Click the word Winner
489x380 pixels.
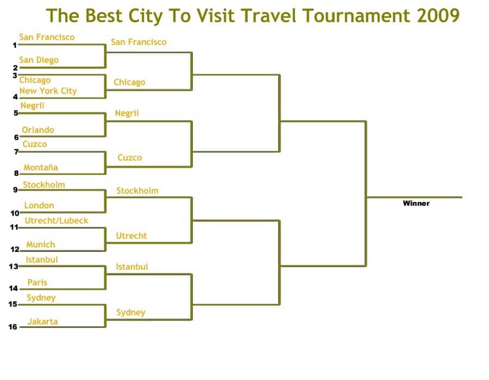tap(416, 204)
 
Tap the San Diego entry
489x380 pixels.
tap(39, 60)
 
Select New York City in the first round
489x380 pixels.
tap(48, 91)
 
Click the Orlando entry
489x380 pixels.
tap(37, 130)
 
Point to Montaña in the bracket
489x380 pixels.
tap(41, 167)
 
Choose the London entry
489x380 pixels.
tap(39, 205)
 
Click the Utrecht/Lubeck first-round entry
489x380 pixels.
tap(57, 220)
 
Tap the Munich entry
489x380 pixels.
tap(41, 244)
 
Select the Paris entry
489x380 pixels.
tap(37, 282)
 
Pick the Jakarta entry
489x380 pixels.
tap(43, 321)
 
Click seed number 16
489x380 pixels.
tap(13, 327)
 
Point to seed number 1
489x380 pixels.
tap(15, 45)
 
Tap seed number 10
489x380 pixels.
tap(15, 213)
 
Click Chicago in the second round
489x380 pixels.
tap(129, 82)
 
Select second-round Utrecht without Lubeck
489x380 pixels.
tap(131, 236)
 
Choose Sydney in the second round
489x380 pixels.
tap(130, 312)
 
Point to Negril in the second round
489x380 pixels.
tap(127, 113)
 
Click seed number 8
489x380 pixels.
tap(16, 173)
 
